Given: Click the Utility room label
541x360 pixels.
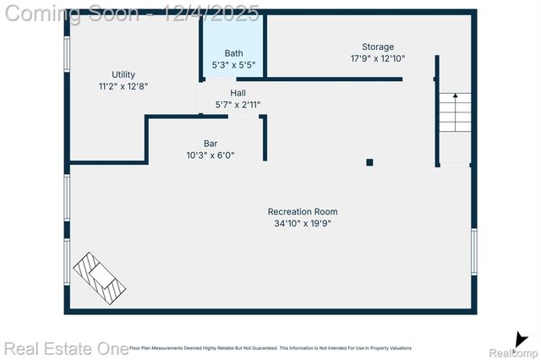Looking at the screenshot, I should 123,74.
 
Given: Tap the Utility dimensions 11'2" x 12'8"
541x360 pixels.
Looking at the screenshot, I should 123,86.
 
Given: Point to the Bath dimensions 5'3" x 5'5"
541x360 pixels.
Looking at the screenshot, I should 233,64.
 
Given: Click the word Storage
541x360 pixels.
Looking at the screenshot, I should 378,46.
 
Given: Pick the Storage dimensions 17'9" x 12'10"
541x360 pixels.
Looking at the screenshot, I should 378,58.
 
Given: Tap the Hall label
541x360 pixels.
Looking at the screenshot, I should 238,93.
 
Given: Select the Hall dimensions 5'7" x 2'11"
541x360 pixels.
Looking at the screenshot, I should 238,105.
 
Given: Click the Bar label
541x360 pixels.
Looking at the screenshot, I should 210,144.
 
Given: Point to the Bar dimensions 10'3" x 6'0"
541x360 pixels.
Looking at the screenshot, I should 210,155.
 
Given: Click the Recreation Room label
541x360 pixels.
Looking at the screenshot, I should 303,211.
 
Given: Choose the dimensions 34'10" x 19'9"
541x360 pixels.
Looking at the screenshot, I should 303,224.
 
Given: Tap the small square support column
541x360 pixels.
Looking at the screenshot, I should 369,162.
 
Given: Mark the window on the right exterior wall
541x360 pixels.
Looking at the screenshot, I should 474,251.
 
